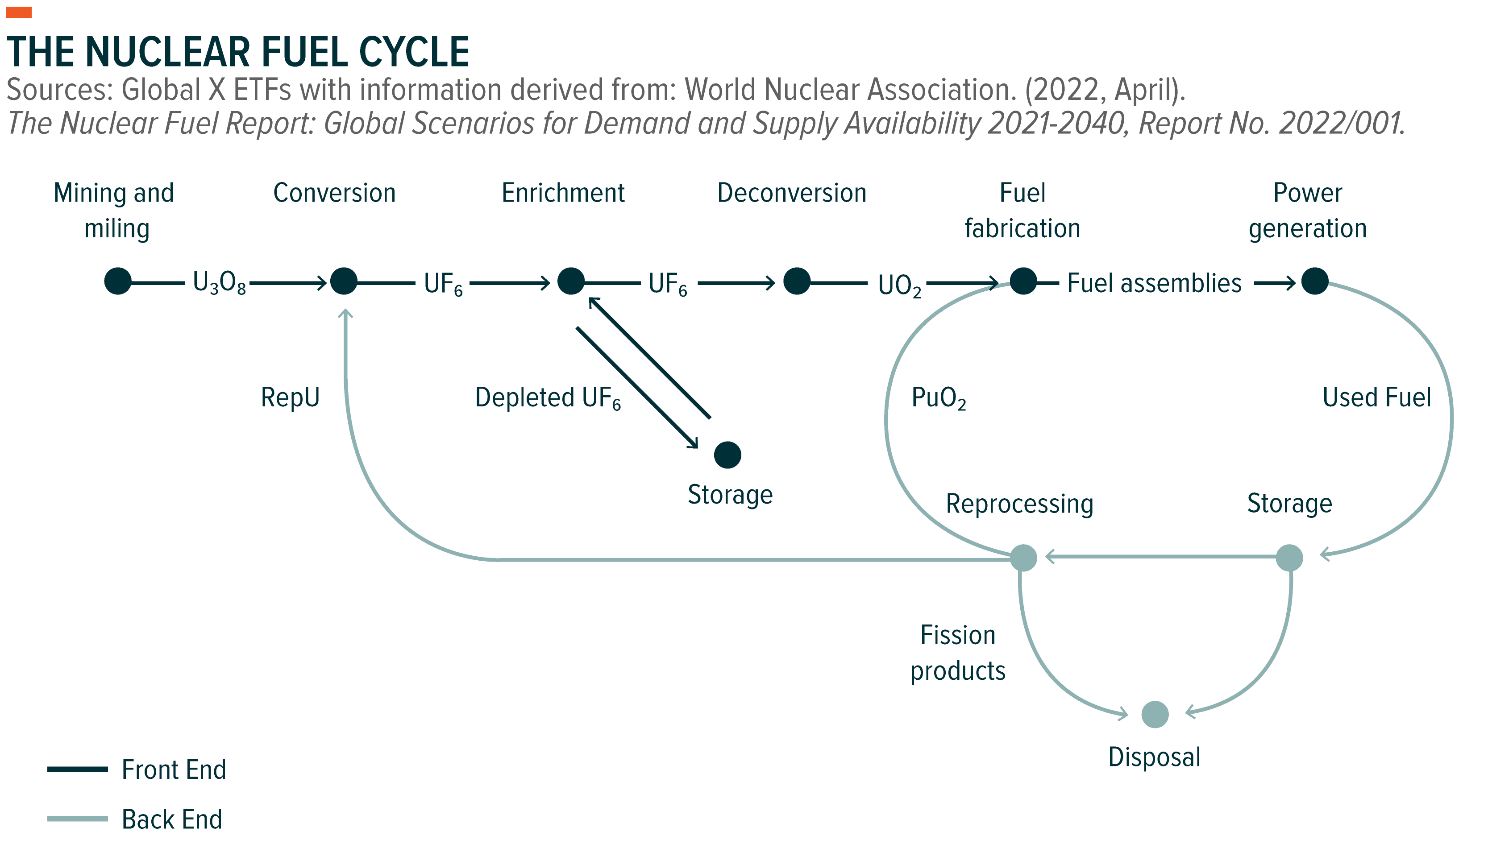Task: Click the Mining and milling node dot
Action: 118,281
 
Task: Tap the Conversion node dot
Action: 344,281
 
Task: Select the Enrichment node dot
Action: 571,281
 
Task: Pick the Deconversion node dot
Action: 797,281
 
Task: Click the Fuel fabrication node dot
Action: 1023,281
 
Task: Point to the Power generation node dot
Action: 1315,281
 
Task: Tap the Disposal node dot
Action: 1155,715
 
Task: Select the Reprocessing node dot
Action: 1023,558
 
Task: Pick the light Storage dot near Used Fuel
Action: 1289,558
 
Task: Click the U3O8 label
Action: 219,284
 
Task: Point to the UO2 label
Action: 899,285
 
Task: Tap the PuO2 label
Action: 938,398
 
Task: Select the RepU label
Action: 291,397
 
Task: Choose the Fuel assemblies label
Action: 1154,283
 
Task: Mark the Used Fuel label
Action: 1376,397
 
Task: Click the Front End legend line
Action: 77,769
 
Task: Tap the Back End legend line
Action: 77,819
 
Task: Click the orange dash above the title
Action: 19,12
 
